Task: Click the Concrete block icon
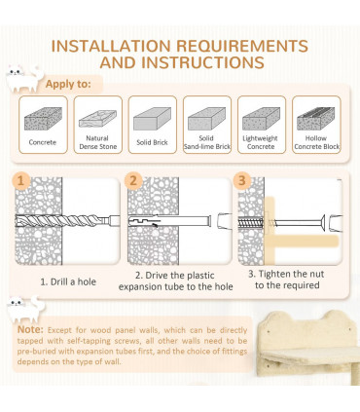tap(43, 119)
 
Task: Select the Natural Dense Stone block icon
tap(97, 119)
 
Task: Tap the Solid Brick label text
tap(152, 142)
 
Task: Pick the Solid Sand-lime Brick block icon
tap(207, 119)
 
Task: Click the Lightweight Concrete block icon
tap(262, 119)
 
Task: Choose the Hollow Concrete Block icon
tap(316, 119)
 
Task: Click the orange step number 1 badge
tap(21, 180)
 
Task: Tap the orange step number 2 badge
tap(133, 180)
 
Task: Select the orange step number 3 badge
tap(242, 180)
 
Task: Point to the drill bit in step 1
tap(67, 221)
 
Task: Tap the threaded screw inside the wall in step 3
tap(252, 223)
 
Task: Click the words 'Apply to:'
tap(68, 84)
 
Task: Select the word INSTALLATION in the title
tap(111, 46)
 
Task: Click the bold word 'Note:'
tap(30, 329)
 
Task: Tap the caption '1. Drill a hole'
tap(68, 281)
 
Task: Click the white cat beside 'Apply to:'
tap(25, 79)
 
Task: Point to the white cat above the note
tap(26, 310)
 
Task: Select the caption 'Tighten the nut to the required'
tap(286, 280)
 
